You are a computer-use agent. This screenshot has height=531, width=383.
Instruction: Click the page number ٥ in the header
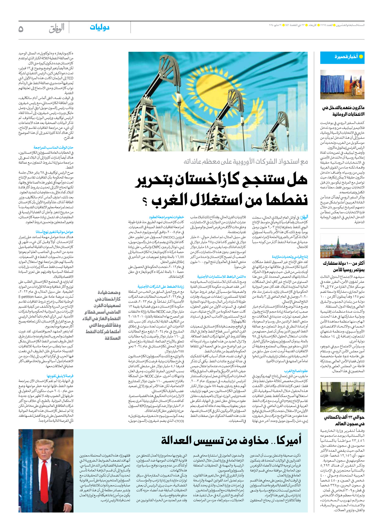tap(21, 29)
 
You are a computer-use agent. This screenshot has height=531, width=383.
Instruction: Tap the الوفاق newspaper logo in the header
tap(57, 28)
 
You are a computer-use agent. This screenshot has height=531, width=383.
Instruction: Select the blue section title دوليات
tap(100, 28)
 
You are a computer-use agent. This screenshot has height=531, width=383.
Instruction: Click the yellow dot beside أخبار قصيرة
tap(361, 57)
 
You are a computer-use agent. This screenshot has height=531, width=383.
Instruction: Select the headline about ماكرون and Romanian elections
tap(343, 111)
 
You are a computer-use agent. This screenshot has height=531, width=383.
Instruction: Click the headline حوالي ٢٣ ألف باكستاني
tap(344, 420)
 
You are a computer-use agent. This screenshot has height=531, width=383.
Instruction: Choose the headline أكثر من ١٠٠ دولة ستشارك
tap(343, 266)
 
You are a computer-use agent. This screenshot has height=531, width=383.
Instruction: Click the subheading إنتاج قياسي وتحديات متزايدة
tap(290, 257)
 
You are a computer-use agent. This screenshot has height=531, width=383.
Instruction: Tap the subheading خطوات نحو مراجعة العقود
tap(167, 217)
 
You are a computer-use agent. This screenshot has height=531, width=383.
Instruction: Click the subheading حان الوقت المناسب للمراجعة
tap(54, 147)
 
